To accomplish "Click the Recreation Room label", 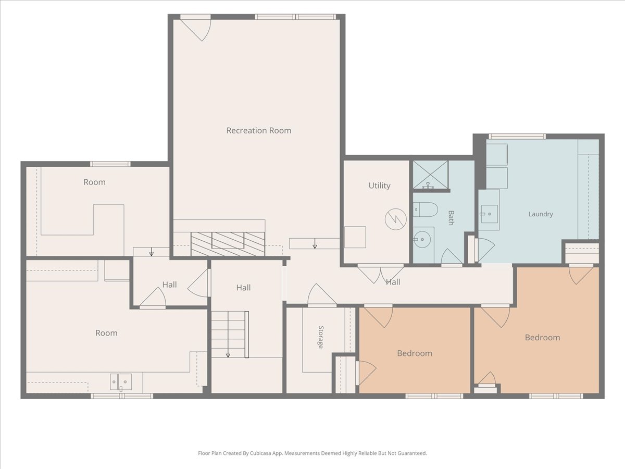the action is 258,130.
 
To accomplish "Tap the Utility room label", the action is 379,186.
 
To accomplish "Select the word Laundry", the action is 541,214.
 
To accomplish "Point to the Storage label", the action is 321,337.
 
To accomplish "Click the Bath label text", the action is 451,218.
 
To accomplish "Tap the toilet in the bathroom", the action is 426,209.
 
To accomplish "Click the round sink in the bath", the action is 422,240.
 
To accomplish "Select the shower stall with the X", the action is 431,175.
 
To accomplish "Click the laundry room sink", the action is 489,214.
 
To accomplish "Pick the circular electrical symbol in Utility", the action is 395,219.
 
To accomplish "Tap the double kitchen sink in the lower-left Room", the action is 121,382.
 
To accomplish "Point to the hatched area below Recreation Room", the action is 228,244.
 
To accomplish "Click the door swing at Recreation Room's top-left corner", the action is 196,28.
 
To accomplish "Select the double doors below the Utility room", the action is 381,274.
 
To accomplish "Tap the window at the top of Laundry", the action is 517,137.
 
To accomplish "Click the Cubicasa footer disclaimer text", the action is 312,453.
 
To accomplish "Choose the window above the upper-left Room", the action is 110,164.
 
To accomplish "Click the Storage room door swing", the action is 322,295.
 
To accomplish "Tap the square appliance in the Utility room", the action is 355,237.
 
